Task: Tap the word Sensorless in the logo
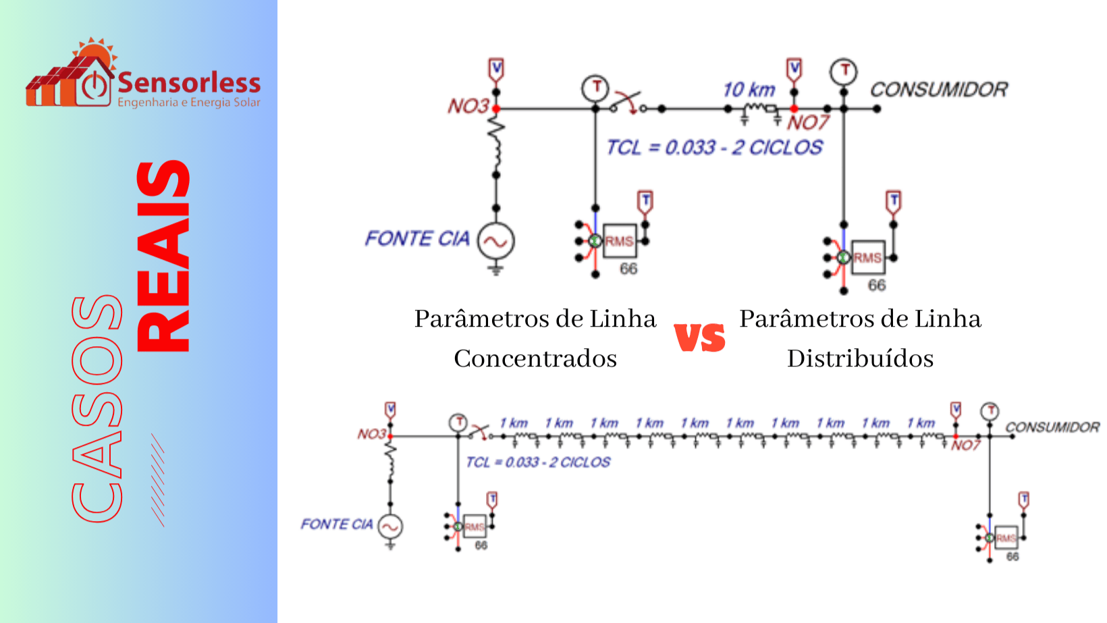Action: (189, 83)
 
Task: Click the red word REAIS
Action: (163, 256)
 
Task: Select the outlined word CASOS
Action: (97, 408)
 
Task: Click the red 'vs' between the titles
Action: (700, 337)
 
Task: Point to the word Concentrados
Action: (535, 358)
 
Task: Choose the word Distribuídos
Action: (860, 358)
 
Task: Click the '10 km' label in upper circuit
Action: (749, 90)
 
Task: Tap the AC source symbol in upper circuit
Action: (496, 241)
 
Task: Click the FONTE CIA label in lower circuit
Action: (337, 524)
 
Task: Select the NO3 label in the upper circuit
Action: (468, 106)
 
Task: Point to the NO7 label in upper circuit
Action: (807, 123)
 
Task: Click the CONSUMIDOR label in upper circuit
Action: (938, 90)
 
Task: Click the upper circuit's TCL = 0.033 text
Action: (714, 147)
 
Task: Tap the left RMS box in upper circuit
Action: (619, 241)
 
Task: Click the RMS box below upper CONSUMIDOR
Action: (867, 257)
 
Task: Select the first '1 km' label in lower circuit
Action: (514, 423)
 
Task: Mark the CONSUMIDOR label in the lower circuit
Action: (1052, 427)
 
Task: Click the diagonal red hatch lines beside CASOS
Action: (157, 480)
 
